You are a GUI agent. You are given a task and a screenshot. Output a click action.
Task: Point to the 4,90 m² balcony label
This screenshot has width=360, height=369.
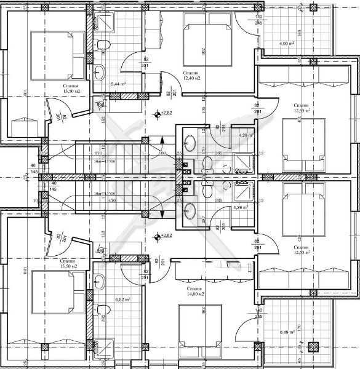pyautogui.click(x=287, y=44)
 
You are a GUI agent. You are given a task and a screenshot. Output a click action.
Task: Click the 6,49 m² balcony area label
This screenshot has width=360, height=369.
pyautogui.click(x=287, y=332)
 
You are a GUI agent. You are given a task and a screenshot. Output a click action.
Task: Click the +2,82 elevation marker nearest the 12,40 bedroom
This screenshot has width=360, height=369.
pyautogui.click(x=163, y=114)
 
